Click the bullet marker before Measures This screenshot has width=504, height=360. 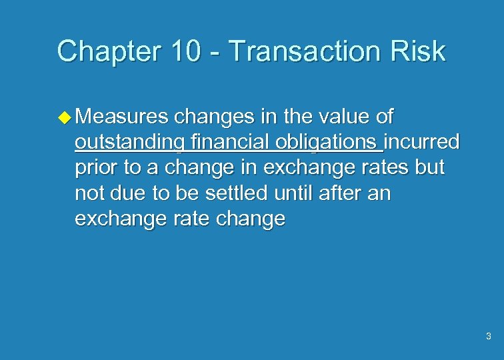[x=65, y=117]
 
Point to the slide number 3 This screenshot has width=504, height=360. [x=489, y=336]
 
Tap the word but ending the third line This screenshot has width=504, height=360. [x=429, y=168]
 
